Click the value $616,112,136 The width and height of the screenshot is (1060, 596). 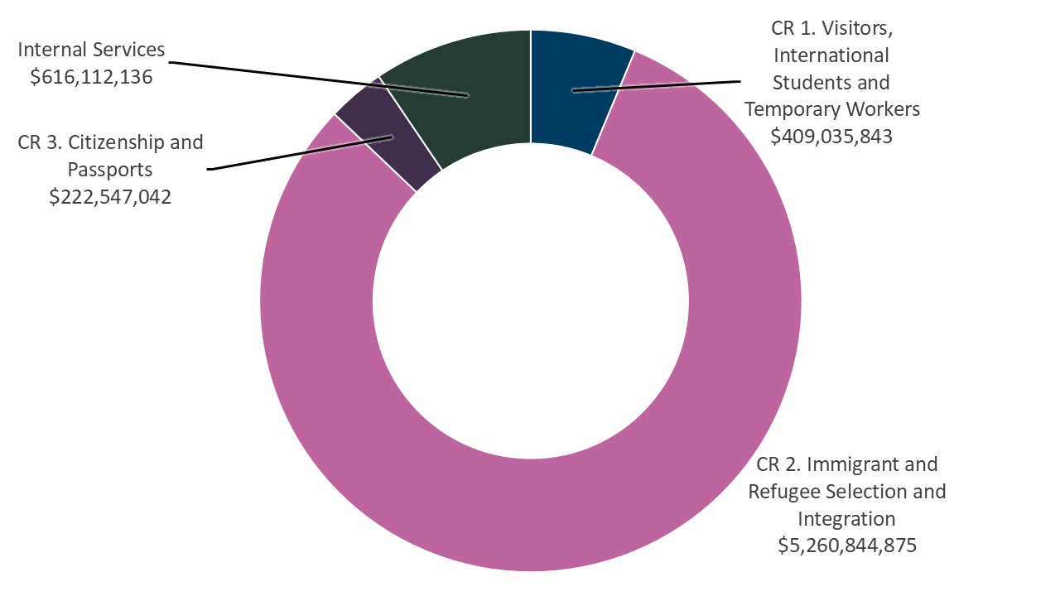[91, 77]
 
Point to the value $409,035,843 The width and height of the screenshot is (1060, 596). [831, 137]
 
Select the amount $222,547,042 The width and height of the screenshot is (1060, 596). [110, 197]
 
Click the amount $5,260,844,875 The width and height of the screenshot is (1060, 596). [847, 546]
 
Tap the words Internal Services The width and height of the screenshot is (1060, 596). [91, 50]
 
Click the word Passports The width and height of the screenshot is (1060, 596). [110, 170]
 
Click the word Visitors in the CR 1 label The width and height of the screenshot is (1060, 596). [856, 28]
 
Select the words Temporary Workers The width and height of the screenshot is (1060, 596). [832, 109]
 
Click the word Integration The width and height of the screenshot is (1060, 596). [847, 519]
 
